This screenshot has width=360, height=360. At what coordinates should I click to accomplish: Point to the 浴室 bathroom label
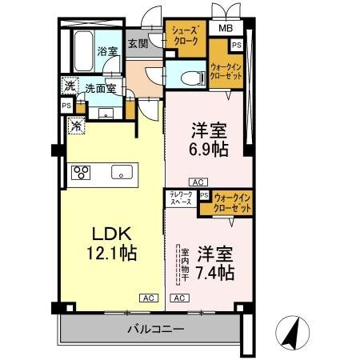[107, 50]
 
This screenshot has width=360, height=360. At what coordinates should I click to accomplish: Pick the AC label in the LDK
[149, 298]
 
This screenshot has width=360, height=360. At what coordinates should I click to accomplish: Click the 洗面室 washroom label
[100, 90]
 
